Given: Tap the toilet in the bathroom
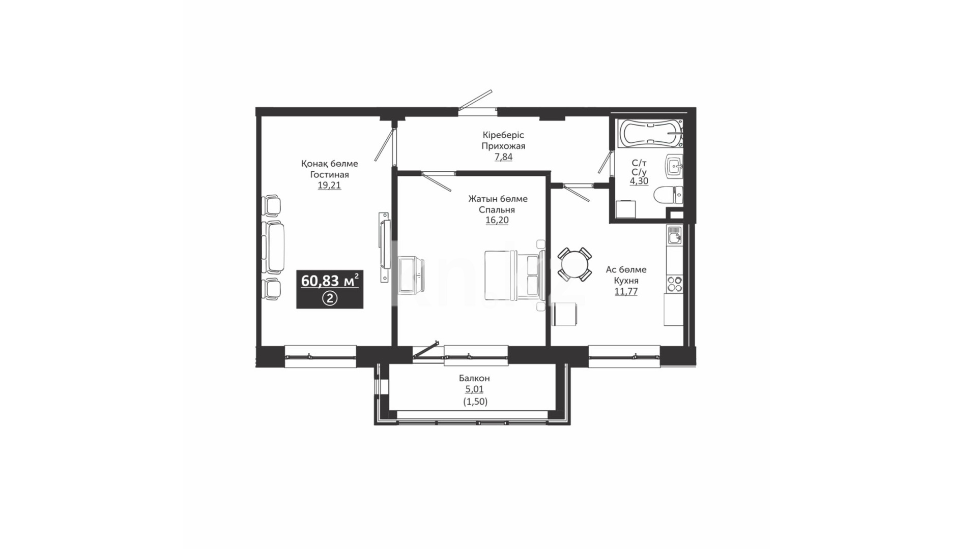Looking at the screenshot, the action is point(668,194).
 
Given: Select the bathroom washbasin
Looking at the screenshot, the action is point(674,166).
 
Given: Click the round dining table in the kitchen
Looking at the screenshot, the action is point(574,264).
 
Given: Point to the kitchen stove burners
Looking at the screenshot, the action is point(675,284).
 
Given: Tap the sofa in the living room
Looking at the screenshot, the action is point(273,246).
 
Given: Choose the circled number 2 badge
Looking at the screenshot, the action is point(330,298).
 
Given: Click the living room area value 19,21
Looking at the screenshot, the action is point(329,185).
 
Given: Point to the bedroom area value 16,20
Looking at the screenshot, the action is point(497,220).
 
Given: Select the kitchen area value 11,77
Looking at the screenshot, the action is point(626,291).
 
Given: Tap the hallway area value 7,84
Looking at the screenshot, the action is point(503,157).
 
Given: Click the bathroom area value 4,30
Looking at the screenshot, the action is point(639,181).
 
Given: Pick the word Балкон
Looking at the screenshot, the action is point(474,378).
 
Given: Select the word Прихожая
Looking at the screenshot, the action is point(503,146).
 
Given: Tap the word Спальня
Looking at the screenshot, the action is point(497,209).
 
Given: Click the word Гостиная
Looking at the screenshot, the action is point(329,174).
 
